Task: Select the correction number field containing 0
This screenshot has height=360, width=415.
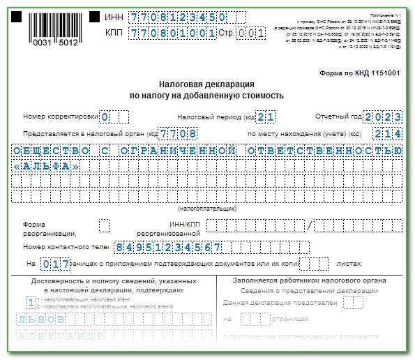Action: tap(105, 117)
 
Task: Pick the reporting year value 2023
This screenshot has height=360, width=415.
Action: tap(383, 117)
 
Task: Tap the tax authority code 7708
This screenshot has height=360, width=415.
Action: tap(177, 133)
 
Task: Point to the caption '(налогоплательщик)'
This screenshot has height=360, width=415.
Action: tap(207, 208)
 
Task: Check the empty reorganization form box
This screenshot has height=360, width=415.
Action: tap(105, 225)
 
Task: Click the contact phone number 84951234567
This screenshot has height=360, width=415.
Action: tap(168, 247)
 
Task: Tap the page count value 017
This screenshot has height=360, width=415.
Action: tap(56, 264)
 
